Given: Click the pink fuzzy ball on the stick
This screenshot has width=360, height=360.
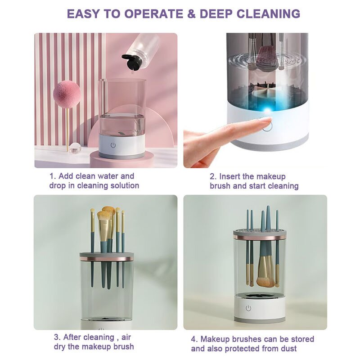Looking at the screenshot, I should (x=67, y=94).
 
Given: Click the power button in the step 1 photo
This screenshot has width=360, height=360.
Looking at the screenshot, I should (x=113, y=145).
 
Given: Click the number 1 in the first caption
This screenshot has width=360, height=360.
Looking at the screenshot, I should (x=52, y=176).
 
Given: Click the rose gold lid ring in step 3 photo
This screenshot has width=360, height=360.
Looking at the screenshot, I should (x=107, y=259).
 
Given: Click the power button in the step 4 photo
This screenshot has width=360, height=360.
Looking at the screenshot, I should (x=248, y=308).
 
